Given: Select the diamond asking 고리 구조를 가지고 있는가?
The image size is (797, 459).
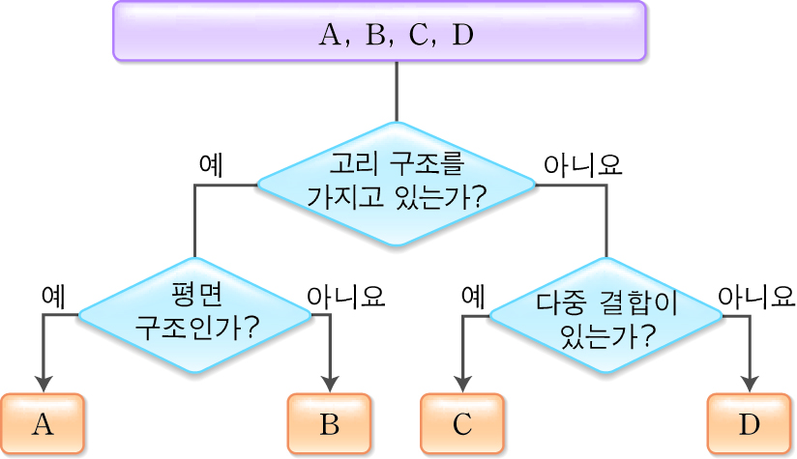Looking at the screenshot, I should tap(396, 183).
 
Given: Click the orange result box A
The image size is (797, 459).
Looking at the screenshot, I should tap(42, 424).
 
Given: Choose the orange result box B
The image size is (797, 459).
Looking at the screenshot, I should tap(330, 424).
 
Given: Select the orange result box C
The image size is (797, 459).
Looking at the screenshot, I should tap(461, 424).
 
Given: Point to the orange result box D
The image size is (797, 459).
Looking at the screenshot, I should tap(749, 424).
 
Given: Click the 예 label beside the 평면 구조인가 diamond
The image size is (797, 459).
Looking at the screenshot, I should tap(53, 296).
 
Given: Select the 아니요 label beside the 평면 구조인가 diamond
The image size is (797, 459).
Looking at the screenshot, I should tap(346, 296).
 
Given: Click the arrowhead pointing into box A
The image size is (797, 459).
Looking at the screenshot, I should tap(43, 382).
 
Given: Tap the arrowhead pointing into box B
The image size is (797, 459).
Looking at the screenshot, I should tap(331, 382).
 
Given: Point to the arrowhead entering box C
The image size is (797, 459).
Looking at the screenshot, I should tap(461, 382).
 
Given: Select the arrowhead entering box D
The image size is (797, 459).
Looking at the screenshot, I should tap(750, 382).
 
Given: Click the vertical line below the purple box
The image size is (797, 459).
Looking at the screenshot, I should tap(396, 92).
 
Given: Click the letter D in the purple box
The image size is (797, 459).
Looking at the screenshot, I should tap(463, 37).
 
